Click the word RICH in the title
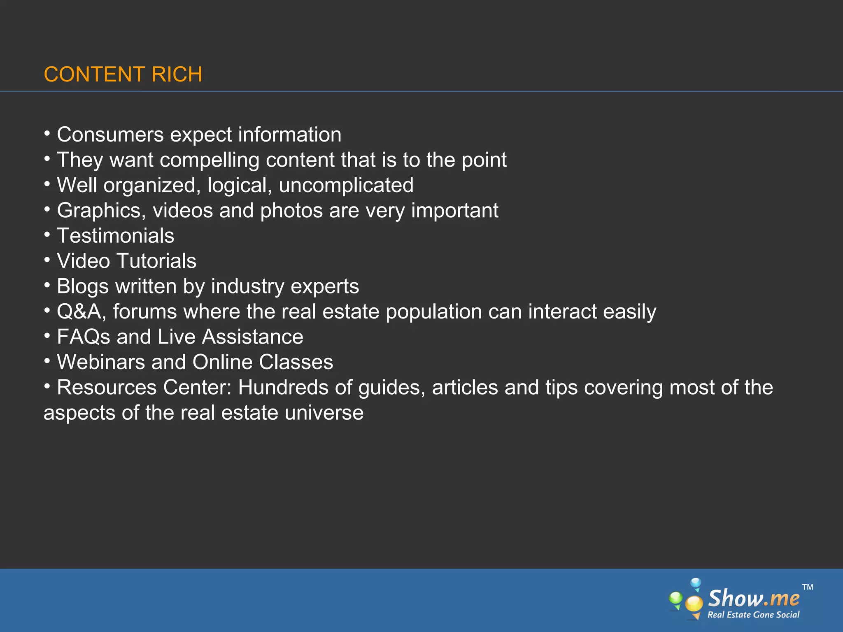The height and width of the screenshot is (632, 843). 177,74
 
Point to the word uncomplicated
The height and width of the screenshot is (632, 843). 346,185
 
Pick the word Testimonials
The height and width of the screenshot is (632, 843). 115,236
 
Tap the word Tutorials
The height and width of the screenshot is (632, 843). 156,261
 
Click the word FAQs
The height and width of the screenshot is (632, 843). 84,337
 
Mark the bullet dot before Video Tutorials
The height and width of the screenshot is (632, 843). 47,260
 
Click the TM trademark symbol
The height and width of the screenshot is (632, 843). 808,587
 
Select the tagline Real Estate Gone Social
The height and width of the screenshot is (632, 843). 753,615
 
